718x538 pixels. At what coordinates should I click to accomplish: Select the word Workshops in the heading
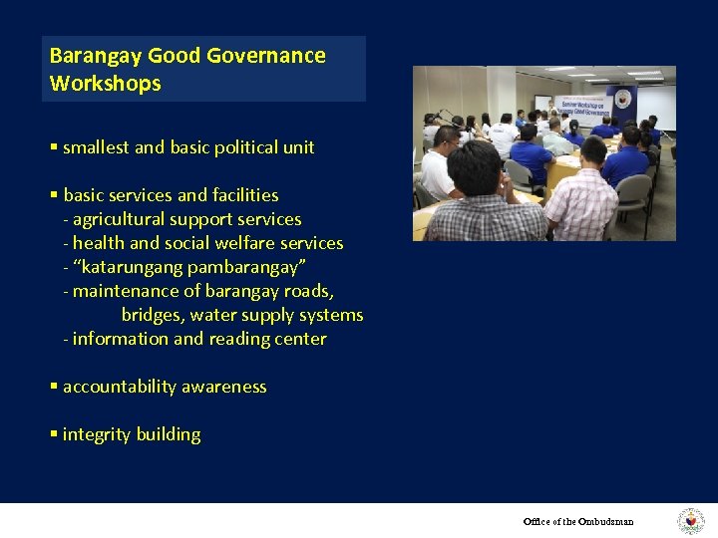point(105,84)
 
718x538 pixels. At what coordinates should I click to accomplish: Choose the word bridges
point(153,315)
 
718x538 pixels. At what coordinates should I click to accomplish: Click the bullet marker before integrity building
point(53,434)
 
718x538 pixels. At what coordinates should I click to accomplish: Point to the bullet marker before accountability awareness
point(53,387)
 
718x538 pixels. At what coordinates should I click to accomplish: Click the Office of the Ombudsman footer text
point(578,521)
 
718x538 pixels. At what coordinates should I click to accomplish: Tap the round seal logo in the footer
point(690,521)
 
